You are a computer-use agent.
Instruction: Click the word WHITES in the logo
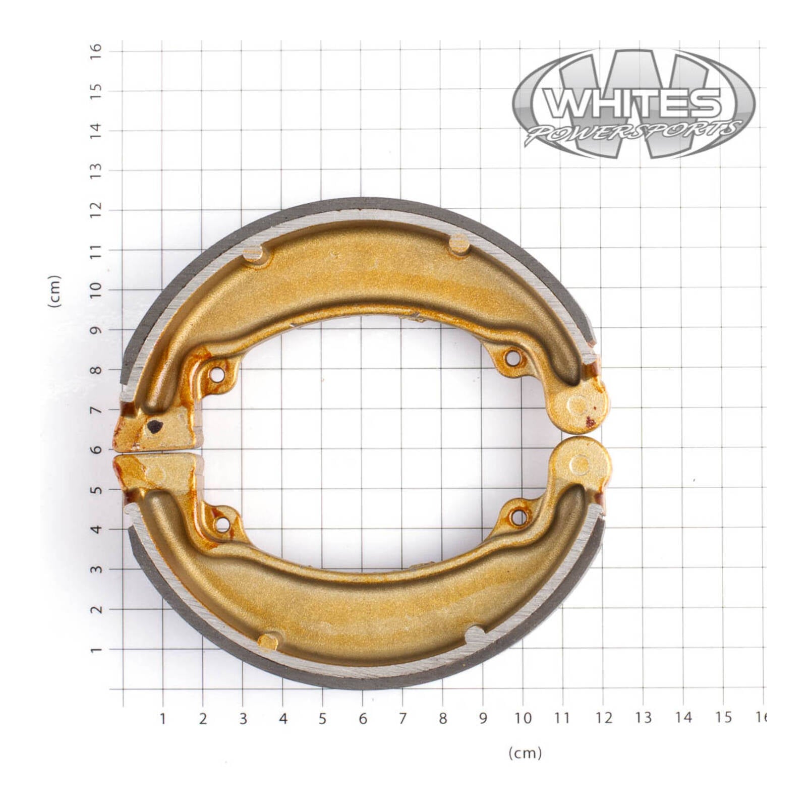(x=634, y=103)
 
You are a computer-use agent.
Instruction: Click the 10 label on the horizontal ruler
(x=523, y=718)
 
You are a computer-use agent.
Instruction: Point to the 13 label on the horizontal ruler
(x=643, y=718)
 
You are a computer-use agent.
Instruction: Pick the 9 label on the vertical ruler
(x=96, y=330)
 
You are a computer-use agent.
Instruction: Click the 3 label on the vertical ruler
(x=96, y=569)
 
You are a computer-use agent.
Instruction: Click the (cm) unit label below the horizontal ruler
(x=525, y=754)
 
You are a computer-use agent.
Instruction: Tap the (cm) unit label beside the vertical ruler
(x=54, y=291)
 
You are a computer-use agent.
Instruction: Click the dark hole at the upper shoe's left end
(x=154, y=427)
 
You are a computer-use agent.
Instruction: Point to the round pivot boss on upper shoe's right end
(x=579, y=405)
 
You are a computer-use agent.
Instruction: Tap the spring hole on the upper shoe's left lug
(x=217, y=375)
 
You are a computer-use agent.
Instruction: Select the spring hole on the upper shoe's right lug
(x=512, y=359)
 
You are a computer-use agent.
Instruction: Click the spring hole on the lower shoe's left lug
(x=222, y=524)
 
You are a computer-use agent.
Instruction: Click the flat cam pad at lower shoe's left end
(x=156, y=471)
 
